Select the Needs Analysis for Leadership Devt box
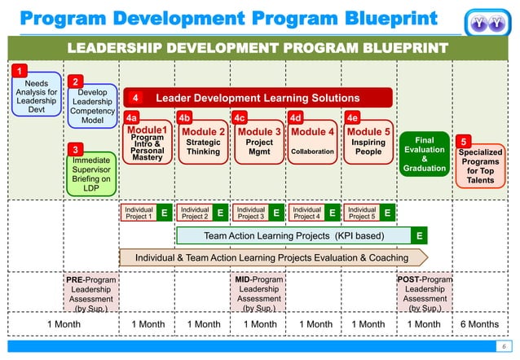point(37,99)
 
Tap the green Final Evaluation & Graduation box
point(425,155)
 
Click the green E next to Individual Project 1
point(164,213)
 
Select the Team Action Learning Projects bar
point(293,236)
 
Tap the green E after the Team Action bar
point(419,236)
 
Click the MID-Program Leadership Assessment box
point(259,293)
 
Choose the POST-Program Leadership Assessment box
point(425,293)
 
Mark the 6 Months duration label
point(480,324)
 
